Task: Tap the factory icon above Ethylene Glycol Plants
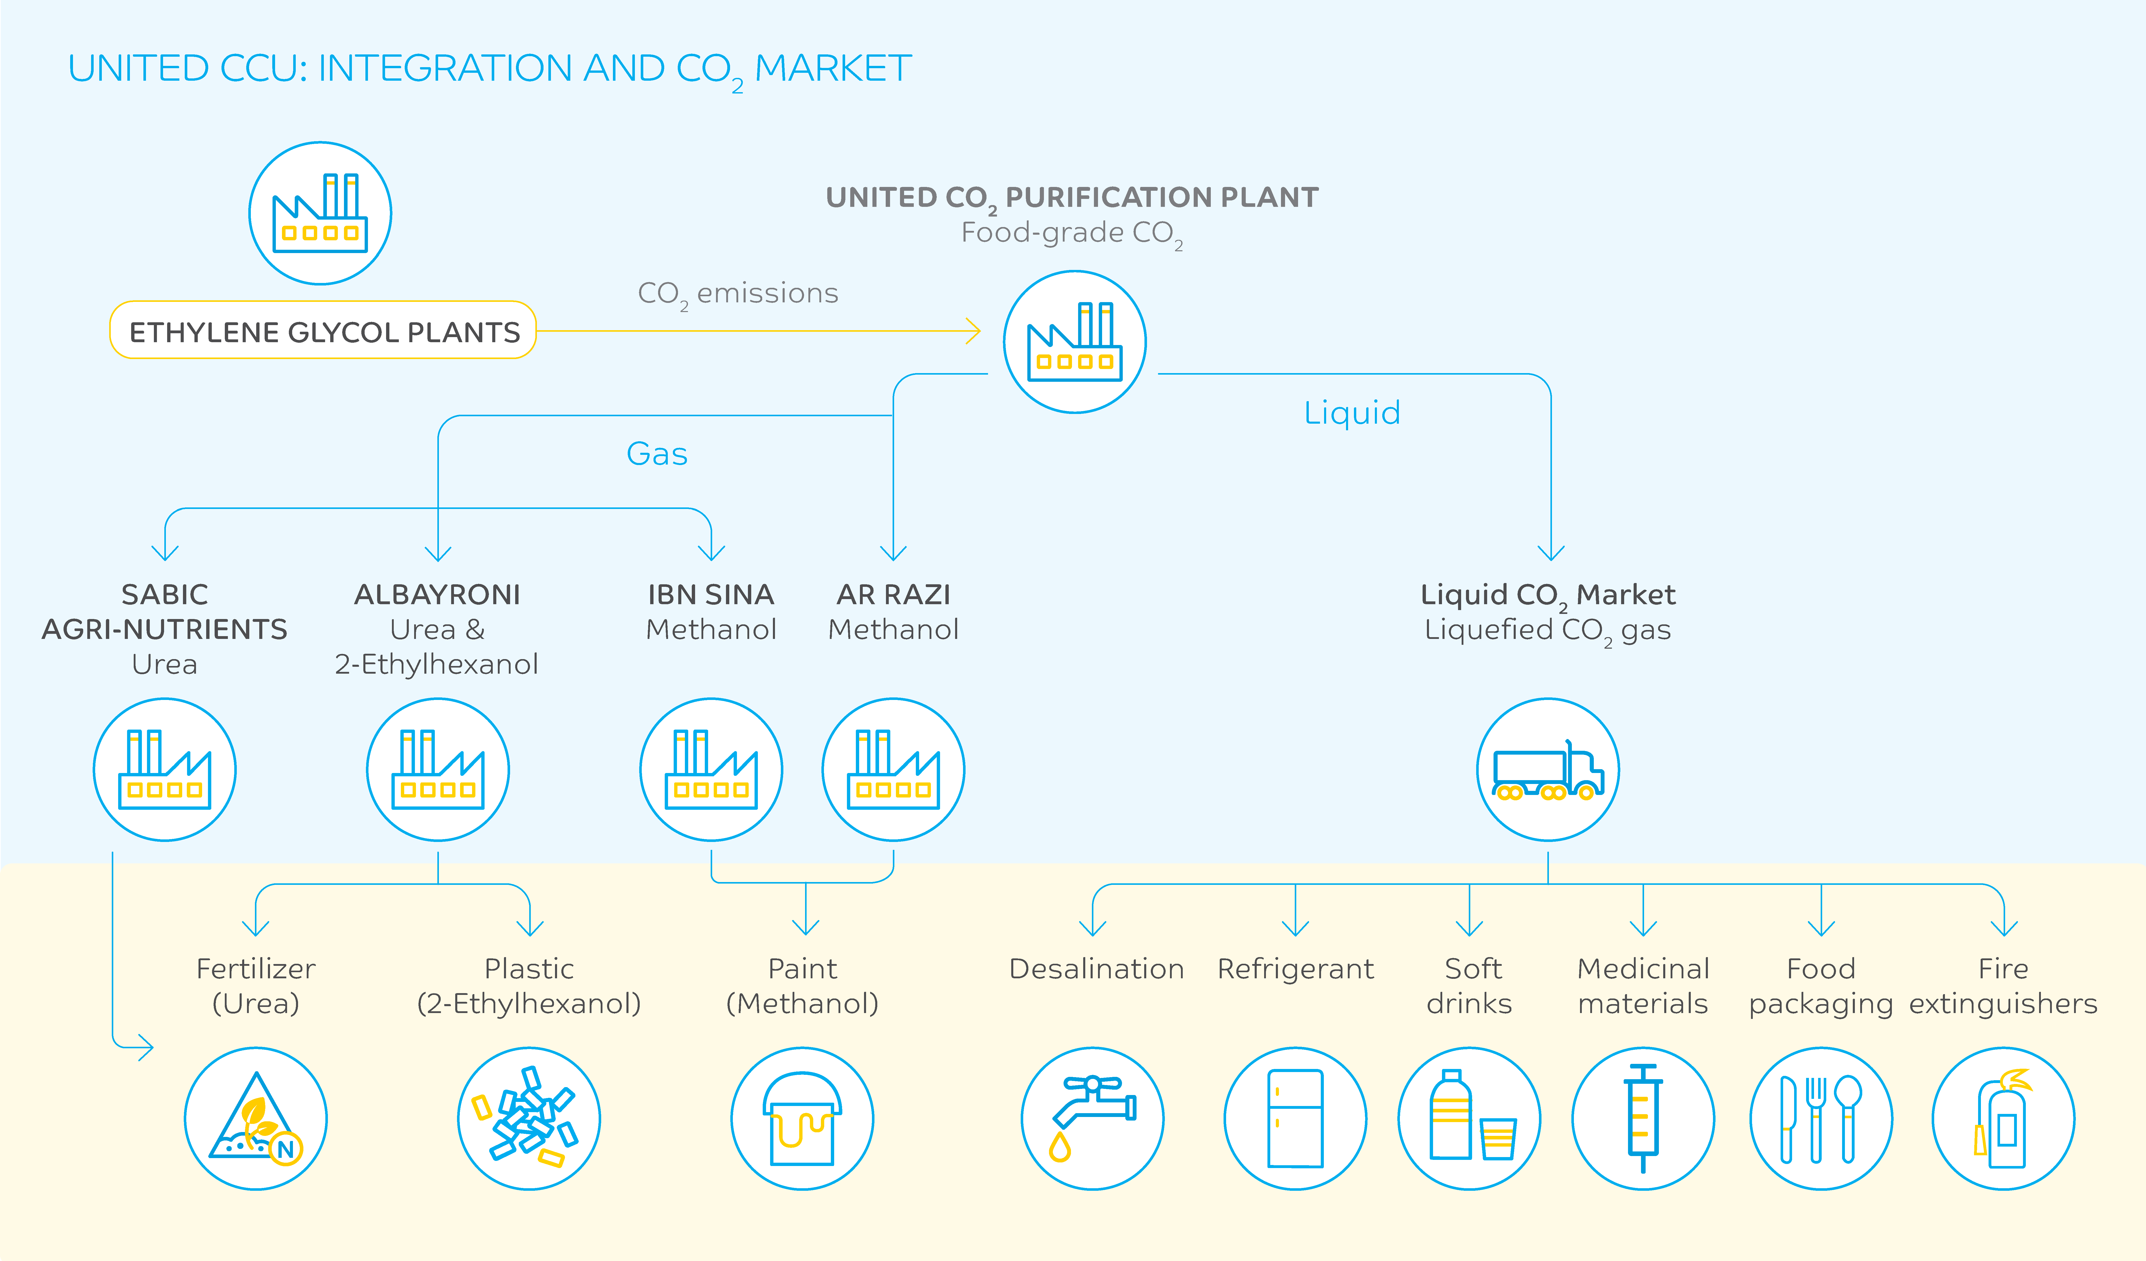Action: (320, 213)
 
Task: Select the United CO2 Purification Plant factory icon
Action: (1075, 342)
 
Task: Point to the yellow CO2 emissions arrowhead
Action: (973, 331)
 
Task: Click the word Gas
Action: (657, 453)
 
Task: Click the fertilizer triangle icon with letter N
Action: (255, 1118)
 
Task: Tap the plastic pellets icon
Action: (529, 1118)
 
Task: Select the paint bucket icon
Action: (802, 1118)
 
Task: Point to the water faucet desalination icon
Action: (1093, 1118)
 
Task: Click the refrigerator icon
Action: (1295, 1118)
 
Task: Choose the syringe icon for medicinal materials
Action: (1643, 1118)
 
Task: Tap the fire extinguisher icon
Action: (2003, 1118)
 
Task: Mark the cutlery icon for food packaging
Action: (1821, 1118)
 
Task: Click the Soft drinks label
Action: (1470, 986)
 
